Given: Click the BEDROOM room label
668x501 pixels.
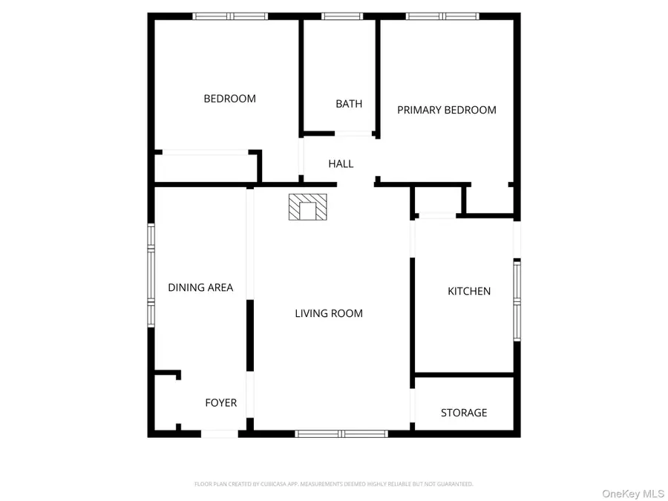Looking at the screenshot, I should (x=229, y=99).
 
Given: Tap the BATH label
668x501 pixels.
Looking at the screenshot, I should (x=349, y=104).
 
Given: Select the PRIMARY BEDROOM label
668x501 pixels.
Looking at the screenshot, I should (x=447, y=110).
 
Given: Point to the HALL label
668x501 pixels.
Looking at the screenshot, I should (x=341, y=164).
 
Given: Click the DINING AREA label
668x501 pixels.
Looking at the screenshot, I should (x=200, y=288).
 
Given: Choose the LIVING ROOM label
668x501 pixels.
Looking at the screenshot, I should (x=329, y=314).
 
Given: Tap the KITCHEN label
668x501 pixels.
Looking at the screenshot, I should (x=469, y=292).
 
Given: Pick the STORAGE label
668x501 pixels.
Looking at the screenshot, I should (x=464, y=413).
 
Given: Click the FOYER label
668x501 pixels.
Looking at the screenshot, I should (x=220, y=403).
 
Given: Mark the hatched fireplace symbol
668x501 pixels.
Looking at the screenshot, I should (x=307, y=207).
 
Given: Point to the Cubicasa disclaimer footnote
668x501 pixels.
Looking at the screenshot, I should (x=333, y=484).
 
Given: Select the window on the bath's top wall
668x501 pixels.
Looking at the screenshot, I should (x=341, y=16).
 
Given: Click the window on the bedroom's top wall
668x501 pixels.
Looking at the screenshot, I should (x=230, y=16).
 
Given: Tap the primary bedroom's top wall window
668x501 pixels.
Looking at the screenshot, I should (x=443, y=16).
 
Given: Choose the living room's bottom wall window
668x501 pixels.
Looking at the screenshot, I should (x=341, y=433).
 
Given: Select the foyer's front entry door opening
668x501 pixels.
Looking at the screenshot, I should (x=220, y=433).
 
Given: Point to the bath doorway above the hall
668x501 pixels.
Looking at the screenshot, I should (x=353, y=134).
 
